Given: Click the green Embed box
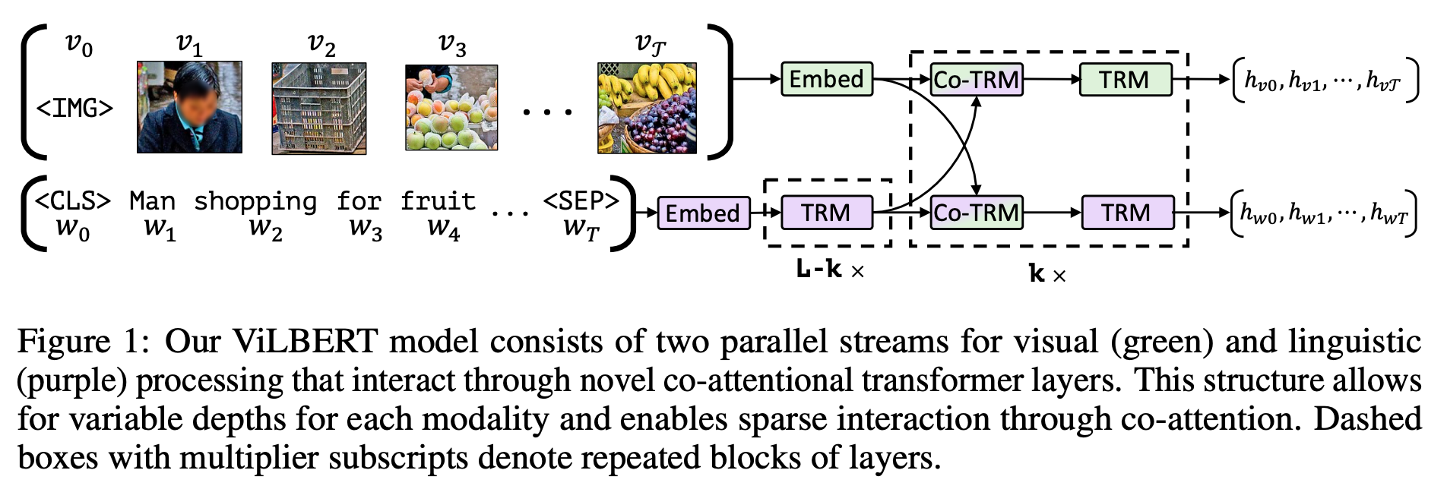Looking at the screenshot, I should (x=827, y=79).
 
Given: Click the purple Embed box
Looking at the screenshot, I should (x=703, y=213).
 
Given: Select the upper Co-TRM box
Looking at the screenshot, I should (x=977, y=80).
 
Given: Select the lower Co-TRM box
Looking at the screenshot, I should (x=977, y=213).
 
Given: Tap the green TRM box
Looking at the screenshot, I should (x=1125, y=80).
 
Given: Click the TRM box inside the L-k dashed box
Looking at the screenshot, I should (x=826, y=213).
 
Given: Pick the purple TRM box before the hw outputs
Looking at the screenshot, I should (x=1126, y=213).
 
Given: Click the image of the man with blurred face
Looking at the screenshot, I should (x=189, y=107).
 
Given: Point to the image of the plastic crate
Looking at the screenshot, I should (x=319, y=109).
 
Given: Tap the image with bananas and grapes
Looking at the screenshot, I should (x=647, y=109).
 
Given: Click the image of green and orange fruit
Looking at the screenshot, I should (x=451, y=108).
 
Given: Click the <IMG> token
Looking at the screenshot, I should (x=74, y=109).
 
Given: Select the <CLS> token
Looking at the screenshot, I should (x=73, y=201).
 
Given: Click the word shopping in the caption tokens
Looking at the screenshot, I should (x=255, y=202).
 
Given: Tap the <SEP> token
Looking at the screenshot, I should (x=581, y=201).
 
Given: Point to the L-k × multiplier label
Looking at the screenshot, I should (x=830, y=270).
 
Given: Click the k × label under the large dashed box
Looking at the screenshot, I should (x=1046, y=274).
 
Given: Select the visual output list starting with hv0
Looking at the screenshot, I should (x=1325, y=80).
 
